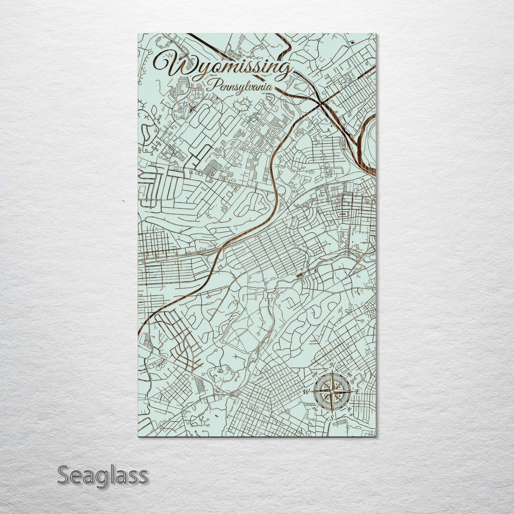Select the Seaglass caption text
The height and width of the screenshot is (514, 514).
(102, 475)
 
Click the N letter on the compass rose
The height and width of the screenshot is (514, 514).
(332, 365)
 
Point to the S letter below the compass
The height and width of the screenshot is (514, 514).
(332, 419)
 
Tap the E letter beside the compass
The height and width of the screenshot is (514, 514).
(358, 392)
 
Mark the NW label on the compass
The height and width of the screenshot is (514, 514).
(315, 375)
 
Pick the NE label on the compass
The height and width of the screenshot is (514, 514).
(349, 375)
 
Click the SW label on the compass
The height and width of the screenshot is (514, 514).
(314, 409)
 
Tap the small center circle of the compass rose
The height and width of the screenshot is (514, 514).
(332, 392)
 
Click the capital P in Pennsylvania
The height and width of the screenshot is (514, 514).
(213, 85)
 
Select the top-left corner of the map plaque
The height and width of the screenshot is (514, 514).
(138, 34)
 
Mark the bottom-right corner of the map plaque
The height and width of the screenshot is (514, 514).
(376, 436)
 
